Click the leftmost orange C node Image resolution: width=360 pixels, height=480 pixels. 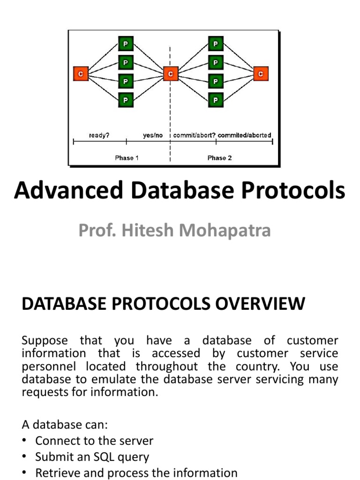click(x=81, y=74)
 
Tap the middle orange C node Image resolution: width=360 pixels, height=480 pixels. click(x=171, y=74)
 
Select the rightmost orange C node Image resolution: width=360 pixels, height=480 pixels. click(x=261, y=74)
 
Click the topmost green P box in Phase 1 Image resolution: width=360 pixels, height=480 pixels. click(x=125, y=44)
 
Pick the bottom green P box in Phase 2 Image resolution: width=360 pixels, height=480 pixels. click(x=215, y=99)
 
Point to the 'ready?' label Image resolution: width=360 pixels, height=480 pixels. click(x=99, y=135)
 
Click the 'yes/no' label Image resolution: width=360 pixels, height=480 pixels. click(x=153, y=135)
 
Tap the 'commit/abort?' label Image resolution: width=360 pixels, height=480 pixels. click(x=195, y=135)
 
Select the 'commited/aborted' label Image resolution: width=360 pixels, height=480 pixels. click(x=244, y=135)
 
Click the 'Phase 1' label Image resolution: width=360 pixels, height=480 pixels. click(x=127, y=158)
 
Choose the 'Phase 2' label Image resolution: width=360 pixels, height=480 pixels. click(x=219, y=158)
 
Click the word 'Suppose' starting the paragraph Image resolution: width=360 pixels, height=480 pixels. click(x=45, y=341)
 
